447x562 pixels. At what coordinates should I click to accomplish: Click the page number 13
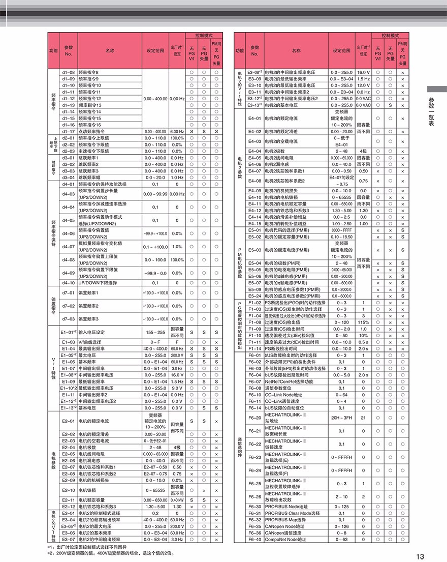420,555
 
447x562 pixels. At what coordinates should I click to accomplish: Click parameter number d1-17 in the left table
69,131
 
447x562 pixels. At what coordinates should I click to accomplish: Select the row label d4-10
69,283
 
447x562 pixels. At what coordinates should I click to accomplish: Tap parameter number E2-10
69,490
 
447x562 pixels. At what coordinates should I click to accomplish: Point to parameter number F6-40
254,539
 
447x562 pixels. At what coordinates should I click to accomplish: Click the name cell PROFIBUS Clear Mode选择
292,513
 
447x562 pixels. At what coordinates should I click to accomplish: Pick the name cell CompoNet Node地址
285,539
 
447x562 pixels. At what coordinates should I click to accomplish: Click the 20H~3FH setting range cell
341,418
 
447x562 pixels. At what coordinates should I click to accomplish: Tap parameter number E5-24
254,296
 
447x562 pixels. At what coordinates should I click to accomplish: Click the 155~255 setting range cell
155,332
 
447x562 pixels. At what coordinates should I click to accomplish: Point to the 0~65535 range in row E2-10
155,490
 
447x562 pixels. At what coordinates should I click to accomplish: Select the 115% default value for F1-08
363,322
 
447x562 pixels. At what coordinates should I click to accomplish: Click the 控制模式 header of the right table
390,36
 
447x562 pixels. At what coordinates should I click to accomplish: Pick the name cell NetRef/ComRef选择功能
289,381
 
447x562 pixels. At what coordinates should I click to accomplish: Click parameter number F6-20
254,418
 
